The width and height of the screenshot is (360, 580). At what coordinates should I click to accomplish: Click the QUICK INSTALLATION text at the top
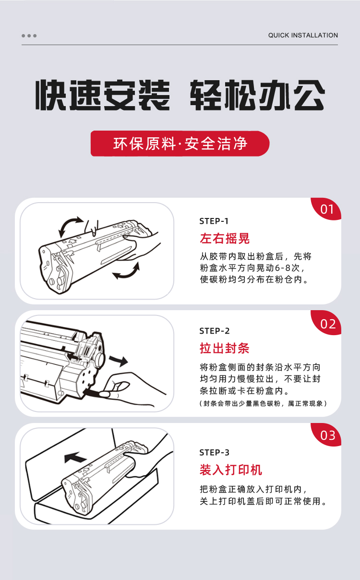click(303, 35)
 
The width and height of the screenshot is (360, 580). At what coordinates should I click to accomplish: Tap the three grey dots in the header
click(29, 36)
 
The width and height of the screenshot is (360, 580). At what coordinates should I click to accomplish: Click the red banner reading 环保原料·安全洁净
click(180, 144)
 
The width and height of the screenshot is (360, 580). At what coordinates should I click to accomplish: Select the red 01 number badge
click(326, 209)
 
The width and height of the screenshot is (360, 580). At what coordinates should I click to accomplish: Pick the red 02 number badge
click(326, 323)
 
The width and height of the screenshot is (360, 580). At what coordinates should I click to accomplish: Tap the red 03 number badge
click(326, 435)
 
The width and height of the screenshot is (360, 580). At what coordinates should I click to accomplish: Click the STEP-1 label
click(214, 221)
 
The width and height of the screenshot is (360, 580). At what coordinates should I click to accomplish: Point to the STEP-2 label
click(214, 331)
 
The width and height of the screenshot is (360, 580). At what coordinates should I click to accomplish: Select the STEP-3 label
click(214, 453)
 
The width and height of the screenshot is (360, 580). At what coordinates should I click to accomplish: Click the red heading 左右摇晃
click(225, 239)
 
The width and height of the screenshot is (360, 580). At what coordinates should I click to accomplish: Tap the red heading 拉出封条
click(224, 348)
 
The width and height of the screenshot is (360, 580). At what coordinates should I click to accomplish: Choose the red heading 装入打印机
click(231, 470)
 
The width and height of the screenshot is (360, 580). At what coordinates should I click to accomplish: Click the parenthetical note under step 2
click(263, 403)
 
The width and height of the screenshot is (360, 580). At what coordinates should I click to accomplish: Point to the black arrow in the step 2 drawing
click(118, 361)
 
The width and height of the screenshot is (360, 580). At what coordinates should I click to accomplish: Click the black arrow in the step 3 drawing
click(75, 458)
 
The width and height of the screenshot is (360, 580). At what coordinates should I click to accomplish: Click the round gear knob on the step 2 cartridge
click(100, 359)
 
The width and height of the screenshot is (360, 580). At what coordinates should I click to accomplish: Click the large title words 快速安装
click(103, 95)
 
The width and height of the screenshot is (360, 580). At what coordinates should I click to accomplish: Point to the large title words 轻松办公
click(257, 95)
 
